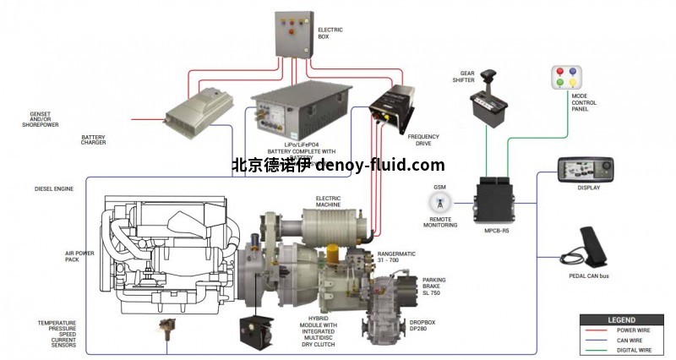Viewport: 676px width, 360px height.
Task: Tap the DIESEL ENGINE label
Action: pos(53,188)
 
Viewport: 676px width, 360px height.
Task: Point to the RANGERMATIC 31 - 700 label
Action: pos(398,255)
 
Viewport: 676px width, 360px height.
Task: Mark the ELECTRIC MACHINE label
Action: pos(329,201)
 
